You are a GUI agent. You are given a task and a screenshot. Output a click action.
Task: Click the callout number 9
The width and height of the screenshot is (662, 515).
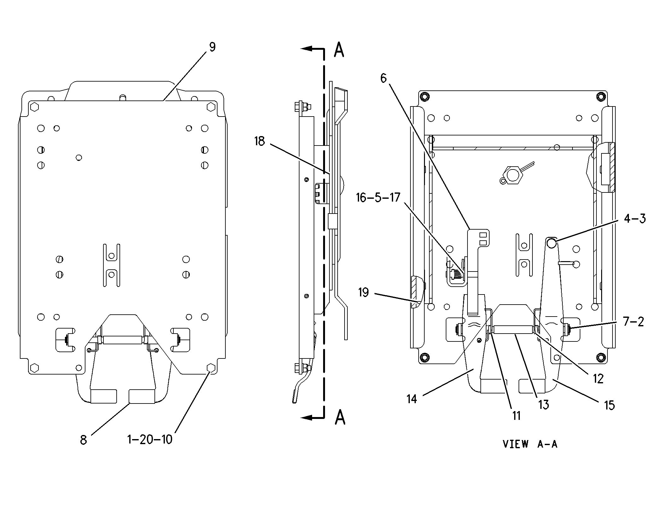(212, 47)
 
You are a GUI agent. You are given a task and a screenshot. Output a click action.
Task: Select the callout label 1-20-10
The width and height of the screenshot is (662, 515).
(150, 439)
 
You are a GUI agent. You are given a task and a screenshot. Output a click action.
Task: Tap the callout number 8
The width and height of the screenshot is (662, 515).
(83, 440)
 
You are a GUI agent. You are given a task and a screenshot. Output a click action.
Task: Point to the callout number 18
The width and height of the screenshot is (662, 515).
(259, 141)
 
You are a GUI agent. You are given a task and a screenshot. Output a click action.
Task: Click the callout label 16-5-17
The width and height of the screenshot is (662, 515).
(378, 198)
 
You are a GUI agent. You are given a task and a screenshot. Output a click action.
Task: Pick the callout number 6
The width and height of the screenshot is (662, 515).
(383, 78)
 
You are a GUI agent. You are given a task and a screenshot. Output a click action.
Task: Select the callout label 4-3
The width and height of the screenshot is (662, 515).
(635, 219)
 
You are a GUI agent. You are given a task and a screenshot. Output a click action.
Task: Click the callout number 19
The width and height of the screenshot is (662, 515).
(363, 293)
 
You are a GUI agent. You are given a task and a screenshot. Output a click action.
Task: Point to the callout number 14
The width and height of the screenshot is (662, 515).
(412, 399)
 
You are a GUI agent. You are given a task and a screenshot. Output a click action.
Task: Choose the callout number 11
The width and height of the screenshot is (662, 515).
(516, 416)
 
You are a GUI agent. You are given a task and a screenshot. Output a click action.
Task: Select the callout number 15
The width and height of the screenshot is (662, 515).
(609, 405)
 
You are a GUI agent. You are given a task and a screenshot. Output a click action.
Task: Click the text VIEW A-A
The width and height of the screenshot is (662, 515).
(530, 444)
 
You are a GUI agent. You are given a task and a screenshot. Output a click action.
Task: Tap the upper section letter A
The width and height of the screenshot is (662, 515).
(339, 50)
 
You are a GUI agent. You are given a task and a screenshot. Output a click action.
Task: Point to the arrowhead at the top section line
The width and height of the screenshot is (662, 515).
(306, 49)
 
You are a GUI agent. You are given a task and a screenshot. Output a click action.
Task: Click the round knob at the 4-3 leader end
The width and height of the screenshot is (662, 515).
(551, 243)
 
